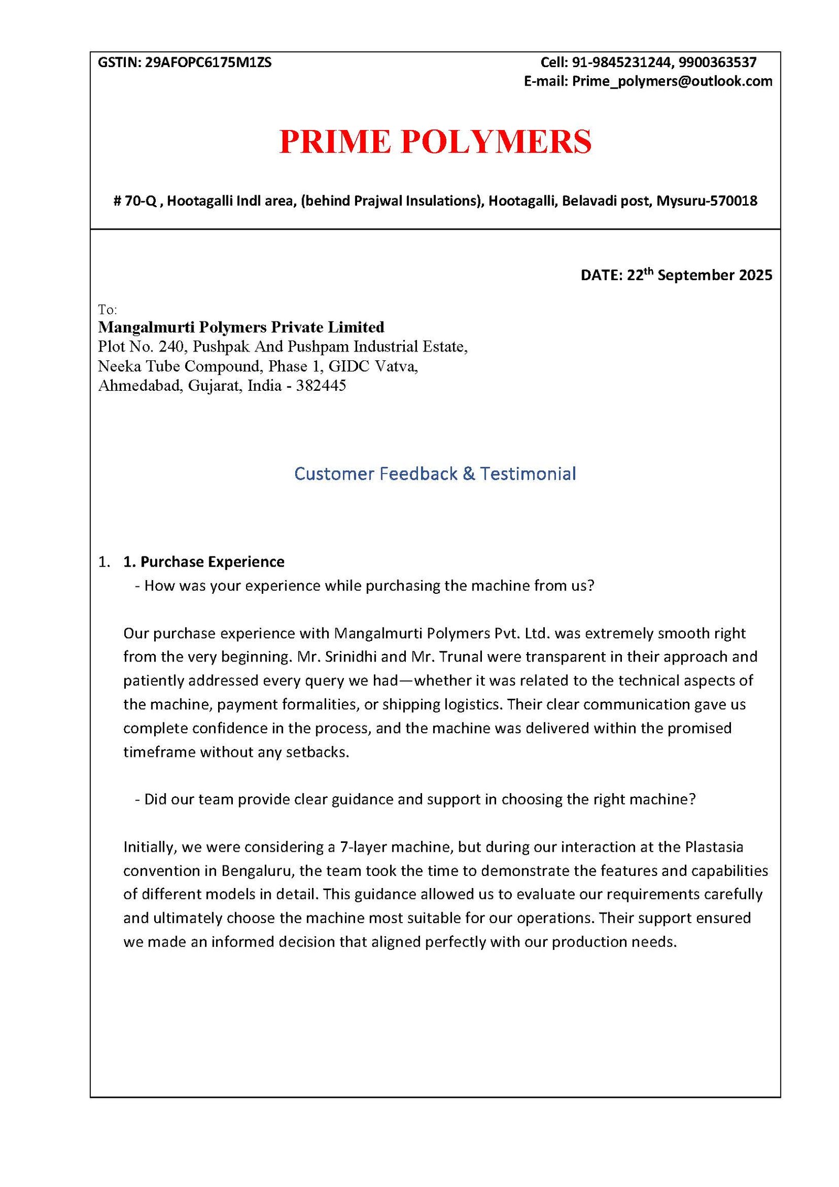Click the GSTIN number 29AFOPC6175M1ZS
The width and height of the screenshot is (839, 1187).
208,62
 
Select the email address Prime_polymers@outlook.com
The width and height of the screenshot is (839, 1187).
672,81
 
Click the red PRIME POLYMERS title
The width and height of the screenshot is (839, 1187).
435,142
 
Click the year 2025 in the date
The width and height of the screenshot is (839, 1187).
755,275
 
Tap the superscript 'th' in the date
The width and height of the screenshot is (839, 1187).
649,271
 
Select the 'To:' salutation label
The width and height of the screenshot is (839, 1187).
107,309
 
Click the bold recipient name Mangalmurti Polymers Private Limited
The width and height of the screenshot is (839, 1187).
241,327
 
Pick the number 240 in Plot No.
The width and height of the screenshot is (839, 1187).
170,347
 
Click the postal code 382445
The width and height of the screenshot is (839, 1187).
321,386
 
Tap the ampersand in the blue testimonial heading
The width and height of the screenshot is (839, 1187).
469,474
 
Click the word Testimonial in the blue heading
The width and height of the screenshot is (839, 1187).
528,474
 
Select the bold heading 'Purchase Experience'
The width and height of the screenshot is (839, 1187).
212,562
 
